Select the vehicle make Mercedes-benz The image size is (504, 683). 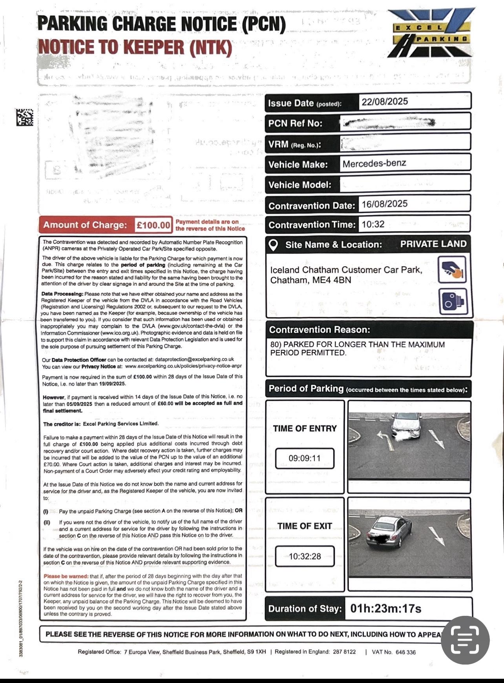(x=374, y=163)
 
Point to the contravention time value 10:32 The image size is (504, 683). (x=373, y=225)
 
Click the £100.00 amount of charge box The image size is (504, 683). (x=153, y=225)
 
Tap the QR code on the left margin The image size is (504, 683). (x=24, y=117)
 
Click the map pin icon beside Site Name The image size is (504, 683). (x=273, y=245)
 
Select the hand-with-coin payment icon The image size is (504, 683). (x=452, y=269)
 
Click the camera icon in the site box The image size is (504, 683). (x=453, y=301)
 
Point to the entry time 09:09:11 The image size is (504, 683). (x=305, y=458)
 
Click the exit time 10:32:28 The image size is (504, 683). (x=305, y=556)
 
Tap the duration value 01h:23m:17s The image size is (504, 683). (x=385, y=609)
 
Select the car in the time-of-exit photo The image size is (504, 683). (x=386, y=532)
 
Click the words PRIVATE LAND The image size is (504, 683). (x=433, y=244)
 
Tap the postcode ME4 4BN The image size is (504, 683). (x=332, y=280)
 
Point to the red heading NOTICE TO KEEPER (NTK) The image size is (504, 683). (x=135, y=47)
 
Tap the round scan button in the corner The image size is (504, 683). (x=465, y=640)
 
